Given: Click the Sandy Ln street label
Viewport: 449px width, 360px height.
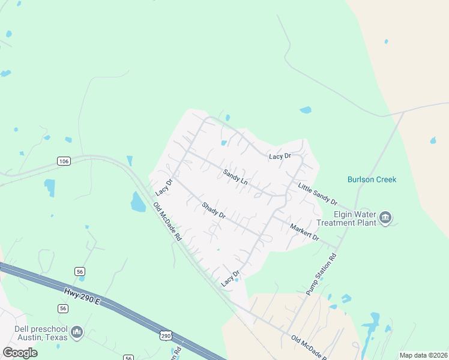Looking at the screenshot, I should [235, 176].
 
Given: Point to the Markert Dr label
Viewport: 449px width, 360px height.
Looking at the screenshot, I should [304, 232].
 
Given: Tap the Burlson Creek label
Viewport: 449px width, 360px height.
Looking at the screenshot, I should [372, 179].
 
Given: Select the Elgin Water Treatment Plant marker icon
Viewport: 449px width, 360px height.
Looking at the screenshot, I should [385, 217].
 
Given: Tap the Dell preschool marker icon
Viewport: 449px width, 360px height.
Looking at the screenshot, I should [77, 331].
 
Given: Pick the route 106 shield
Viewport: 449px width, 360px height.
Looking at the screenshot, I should [64, 161].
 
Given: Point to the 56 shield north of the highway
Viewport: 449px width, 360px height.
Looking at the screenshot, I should [80, 272].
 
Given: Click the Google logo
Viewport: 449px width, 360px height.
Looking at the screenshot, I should [20, 352].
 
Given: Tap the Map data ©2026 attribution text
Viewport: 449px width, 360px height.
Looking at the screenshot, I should [424, 355].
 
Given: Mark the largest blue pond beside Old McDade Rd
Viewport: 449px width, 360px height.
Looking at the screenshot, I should [137, 202].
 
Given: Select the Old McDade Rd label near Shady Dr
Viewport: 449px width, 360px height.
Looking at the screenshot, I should [167, 222].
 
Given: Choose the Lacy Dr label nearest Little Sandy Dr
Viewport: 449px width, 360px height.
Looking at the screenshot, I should [280, 156].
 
